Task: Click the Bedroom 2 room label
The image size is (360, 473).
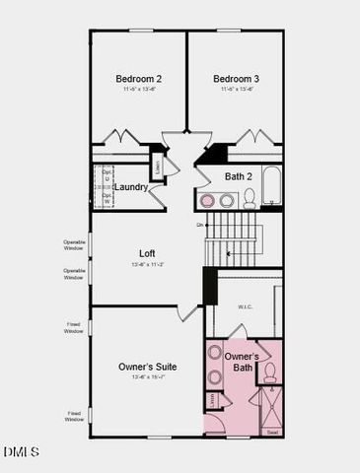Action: [x=138, y=78]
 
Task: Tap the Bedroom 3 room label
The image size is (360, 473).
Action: [x=236, y=78]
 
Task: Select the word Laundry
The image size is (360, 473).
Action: [x=131, y=187]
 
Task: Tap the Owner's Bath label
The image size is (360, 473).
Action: [x=242, y=362]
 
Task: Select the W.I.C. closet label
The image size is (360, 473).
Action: [x=246, y=306]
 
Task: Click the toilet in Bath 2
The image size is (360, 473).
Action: [x=250, y=199]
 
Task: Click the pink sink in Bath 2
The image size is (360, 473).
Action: [x=208, y=201]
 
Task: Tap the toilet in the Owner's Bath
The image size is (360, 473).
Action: [x=269, y=372]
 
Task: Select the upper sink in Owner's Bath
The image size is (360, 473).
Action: [x=214, y=354]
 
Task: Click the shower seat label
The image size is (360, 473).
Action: [x=272, y=431]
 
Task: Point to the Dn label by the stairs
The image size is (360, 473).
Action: [x=200, y=226]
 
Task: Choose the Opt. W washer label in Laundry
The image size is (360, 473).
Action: [x=107, y=198]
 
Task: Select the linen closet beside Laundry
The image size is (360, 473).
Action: [x=156, y=165]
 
